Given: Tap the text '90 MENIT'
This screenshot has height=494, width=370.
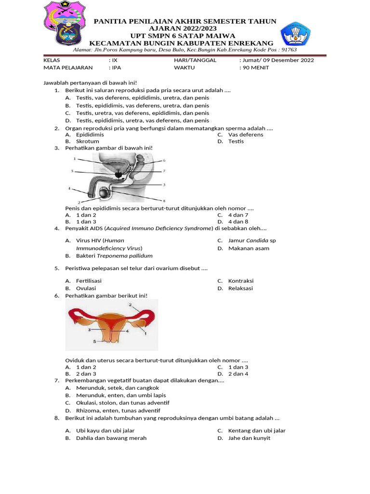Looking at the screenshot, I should (254, 68).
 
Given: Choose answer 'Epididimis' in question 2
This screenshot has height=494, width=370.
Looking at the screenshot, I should (90, 135).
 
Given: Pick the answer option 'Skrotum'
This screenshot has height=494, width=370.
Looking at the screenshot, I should (87, 141).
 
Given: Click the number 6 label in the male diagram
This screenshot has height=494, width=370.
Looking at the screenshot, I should (164, 160).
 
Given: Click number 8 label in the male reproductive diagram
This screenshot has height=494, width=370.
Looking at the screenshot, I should (164, 201).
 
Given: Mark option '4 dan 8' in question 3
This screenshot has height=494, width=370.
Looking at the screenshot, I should (238, 221).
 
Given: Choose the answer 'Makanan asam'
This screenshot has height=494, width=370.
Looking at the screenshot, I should (249, 248).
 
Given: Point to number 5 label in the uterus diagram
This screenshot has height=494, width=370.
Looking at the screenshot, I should (94, 341).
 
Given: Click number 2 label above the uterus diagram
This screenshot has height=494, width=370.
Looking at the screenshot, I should (130, 305).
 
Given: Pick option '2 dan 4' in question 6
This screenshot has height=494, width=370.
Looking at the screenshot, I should (238, 374).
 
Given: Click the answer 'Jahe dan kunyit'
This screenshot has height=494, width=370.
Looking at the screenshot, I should (249, 438).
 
